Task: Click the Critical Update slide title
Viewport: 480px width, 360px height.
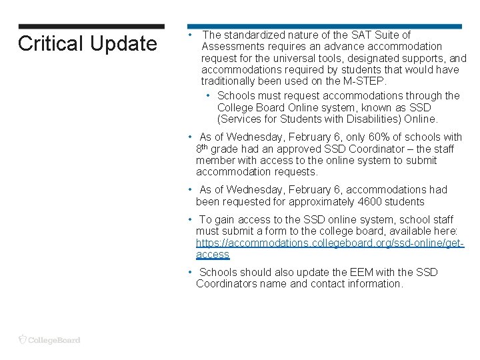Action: [x=87, y=44]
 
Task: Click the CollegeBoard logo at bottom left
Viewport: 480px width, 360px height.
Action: [x=49, y=339]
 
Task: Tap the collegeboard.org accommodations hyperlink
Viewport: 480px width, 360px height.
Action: [x=329, y=243]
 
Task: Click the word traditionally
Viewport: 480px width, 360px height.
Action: [x=231, y=81]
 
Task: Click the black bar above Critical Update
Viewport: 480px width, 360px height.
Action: [x=91, y=27]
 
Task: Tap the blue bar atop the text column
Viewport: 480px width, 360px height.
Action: [x=324, y=27]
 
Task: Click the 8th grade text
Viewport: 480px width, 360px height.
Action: [x=219, y=149]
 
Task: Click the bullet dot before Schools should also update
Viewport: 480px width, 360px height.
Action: [x=190, y=272]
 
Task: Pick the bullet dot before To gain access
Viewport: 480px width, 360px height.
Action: [x=190, y=219]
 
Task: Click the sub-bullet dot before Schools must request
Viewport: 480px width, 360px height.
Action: [x=209, y=96]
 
